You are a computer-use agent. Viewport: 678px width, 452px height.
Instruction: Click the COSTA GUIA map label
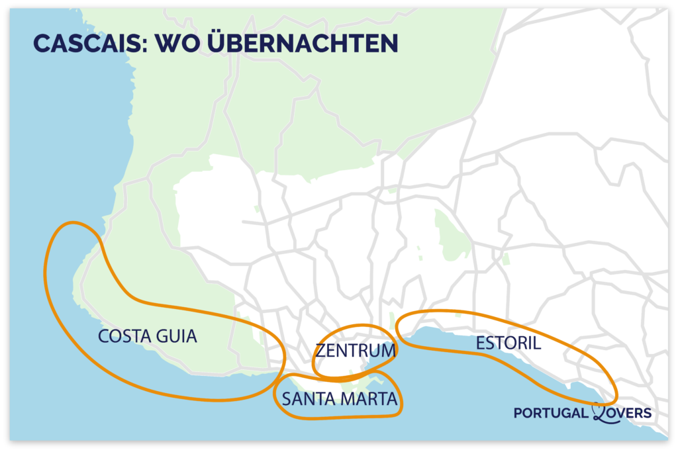(148, 336)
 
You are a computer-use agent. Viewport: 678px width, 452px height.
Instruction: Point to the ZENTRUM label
(356, 350)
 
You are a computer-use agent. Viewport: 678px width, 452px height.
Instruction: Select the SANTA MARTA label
(339, 399)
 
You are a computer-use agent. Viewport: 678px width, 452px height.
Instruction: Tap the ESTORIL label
(508, 343)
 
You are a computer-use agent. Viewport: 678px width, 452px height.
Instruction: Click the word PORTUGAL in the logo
(551, 413)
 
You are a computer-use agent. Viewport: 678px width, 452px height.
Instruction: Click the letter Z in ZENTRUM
(320, 350)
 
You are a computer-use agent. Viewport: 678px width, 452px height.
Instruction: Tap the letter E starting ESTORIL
(480, 343)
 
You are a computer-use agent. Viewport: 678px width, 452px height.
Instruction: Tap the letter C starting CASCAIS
(41, 43)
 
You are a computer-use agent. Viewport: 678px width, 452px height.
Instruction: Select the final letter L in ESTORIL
(537, 343)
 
